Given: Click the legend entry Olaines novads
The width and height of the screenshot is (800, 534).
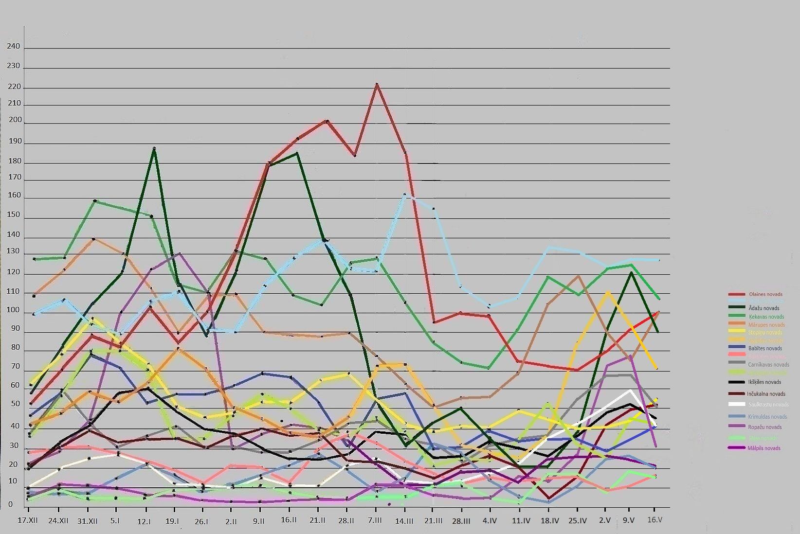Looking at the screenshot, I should (765, 294).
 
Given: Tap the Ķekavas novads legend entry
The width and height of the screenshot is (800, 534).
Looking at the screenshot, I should (765, 317).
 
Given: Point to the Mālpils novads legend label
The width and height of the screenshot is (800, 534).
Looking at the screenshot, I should (764, 448).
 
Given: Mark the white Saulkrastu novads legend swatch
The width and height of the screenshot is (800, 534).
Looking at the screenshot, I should (737, 404).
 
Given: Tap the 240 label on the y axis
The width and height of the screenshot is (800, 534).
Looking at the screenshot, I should (14, 47).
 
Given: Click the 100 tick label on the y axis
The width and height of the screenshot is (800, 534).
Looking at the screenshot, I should (14, 310).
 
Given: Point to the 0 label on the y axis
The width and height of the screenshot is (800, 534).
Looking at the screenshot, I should (11, 504).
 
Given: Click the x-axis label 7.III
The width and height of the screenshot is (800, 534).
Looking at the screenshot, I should (376, 520).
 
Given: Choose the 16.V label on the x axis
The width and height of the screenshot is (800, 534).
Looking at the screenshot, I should (655, 520).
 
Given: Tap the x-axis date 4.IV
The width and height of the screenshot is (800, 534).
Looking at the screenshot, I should (490, 520).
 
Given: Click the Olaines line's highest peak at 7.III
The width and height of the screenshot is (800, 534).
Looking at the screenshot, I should (377, 85).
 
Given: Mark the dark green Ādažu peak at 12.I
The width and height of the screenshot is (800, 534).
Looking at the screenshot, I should (154, 149).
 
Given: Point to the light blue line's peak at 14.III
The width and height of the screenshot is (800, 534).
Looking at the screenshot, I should (405, 194).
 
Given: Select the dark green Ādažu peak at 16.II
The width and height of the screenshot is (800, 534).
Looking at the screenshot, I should (297, 153).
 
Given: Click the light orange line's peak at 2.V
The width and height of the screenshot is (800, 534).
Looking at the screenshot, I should (608, 292).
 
